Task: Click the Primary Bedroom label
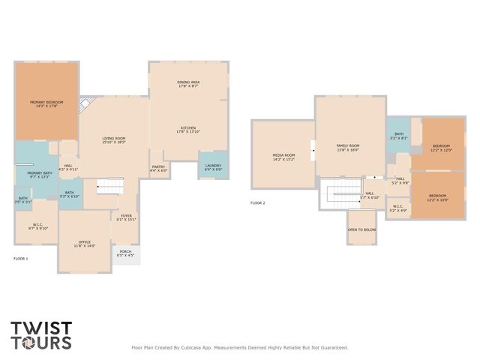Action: (46, 104)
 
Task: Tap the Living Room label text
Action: (113, 140)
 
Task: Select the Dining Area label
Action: (187, 84)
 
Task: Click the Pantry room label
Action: (158, 169)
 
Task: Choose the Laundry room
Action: (212, 167)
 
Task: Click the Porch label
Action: (125, 253)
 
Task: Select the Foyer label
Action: (126, 217)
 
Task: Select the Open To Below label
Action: (361, 229)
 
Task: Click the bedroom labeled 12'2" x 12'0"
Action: (440, 147)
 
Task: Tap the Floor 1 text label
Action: (20, 258)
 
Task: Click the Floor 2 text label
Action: (257, 202)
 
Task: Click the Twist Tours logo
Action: (41, 335)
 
